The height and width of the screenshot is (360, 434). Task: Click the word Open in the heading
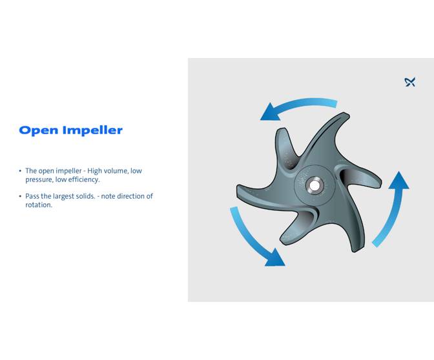tap(39, 130)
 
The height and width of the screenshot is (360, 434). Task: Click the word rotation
tap(38, 205)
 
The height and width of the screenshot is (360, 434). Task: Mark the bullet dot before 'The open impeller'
tap(20, 171)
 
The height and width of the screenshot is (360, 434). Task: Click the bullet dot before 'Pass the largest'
tap(20, 196)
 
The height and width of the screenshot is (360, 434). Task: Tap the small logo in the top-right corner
tap(409, 82)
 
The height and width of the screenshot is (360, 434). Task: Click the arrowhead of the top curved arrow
tap(270, 114)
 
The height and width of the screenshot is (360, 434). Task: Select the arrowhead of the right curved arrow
tap(400, 181)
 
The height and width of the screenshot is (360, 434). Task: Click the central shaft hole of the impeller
tap(314, 186)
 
